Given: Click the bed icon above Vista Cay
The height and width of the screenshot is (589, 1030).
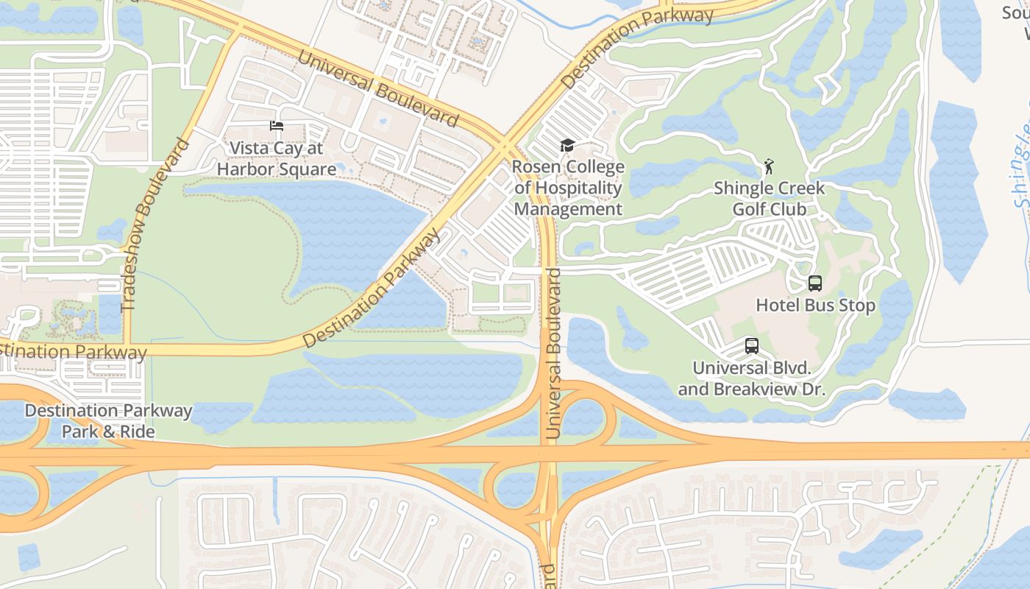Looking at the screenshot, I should click(x=277, y=126).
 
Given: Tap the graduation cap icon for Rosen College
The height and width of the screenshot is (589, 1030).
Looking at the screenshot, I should click(x=566, y=145).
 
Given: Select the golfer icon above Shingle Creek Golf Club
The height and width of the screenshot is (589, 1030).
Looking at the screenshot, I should click(x=769, y=166).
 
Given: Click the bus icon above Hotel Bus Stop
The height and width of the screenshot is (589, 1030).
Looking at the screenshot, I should click(x=814, y=283).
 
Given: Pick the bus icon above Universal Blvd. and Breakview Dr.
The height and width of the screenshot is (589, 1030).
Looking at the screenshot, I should click(x=751, y=346).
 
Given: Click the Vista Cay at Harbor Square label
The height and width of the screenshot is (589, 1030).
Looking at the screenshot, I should click(x=276, y=158).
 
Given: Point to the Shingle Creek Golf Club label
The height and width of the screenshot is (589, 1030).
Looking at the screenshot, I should click(x=769, y=199).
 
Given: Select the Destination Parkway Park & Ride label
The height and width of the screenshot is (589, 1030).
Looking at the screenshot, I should click(x=108, y=420).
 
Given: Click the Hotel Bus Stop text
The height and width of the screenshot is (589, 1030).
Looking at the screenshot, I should click(x=815, y=305).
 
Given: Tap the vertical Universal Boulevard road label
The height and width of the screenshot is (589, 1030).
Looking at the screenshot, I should click(x=553, y=353).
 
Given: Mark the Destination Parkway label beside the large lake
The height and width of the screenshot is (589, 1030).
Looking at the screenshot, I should click(x=372, y=289).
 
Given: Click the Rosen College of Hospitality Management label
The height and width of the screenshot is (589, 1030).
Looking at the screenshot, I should click(x=568, y=188).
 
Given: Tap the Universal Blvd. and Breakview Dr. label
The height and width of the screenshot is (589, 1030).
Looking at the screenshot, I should click(x=751, y=378).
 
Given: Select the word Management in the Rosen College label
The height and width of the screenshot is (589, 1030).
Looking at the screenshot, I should click(x=568, y=209).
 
